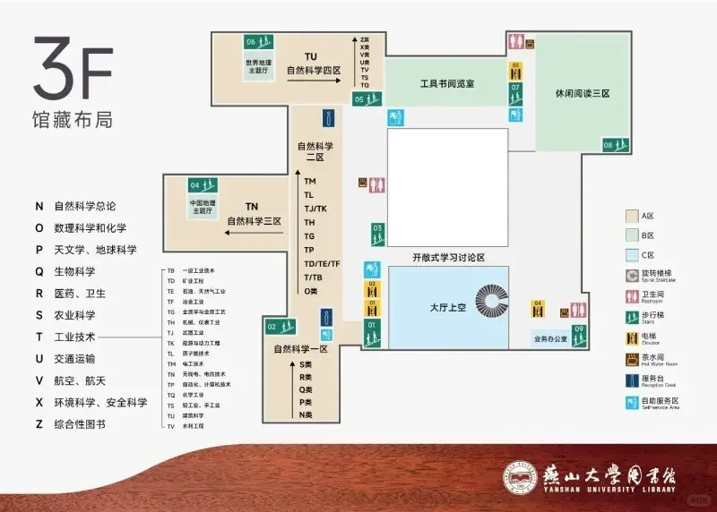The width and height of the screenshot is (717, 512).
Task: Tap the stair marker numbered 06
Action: click(257, 41)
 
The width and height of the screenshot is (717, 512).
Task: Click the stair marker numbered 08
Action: click(614, 145)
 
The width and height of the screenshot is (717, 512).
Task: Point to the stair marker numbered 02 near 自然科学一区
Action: click(278, 327)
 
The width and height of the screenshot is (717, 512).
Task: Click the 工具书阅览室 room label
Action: click(447, 83)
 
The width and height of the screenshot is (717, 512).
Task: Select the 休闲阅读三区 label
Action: click(582, 93)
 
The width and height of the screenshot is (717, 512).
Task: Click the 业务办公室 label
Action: click(549, 339)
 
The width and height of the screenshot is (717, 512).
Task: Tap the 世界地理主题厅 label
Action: click(257, 65)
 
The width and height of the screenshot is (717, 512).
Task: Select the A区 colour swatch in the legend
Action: click(632, 216)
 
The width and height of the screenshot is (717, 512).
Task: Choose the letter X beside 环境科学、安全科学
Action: click(39, 403)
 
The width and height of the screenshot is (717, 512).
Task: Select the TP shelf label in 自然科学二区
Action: click(309, 250)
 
